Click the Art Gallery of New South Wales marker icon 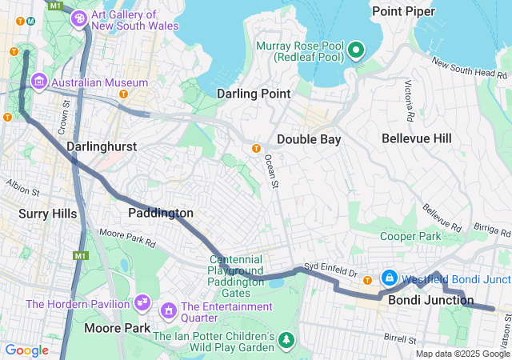79,20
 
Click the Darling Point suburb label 254,94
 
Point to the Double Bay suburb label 309,139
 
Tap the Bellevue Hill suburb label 416,138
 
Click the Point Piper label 403,10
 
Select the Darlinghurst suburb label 102,147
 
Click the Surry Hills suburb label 48,214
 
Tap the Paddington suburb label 161,213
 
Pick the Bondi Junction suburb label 421,301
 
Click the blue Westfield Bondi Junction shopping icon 389,278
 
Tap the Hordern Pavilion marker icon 142,303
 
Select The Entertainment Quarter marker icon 169,309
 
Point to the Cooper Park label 410,237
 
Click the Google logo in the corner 27,350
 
